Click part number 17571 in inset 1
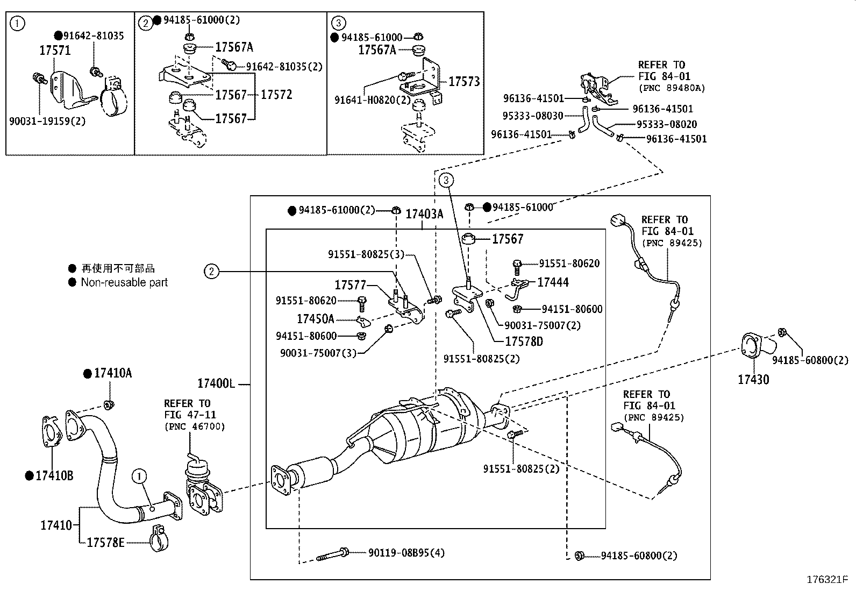(55, 51)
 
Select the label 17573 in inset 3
(464, 82)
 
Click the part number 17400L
(216, 384)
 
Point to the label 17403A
(424, 214)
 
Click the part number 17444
(553, 282)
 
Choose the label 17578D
(524, 341)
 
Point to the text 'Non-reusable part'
(124, 282)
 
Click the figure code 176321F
(827, 580)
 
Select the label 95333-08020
(667, 124)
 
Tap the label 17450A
(316, 319)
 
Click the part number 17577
(350, 285)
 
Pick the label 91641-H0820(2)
(372, 100)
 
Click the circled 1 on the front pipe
(139, 476)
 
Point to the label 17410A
(112, 373)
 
